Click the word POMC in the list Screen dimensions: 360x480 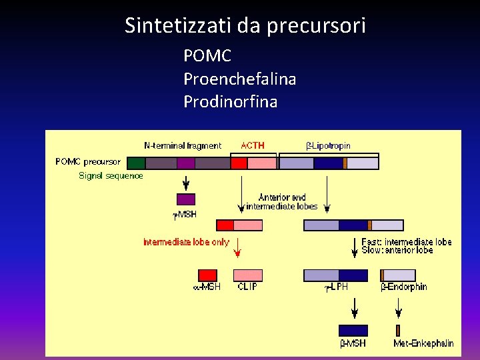pos(207,56)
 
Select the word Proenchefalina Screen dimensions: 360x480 pos(239,79)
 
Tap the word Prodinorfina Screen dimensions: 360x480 pos(230,102)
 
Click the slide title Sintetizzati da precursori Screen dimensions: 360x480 pos(245,26)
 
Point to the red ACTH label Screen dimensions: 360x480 pos(252,145)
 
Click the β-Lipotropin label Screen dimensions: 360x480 pos(327,145)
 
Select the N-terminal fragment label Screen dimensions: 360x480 pos(182,145)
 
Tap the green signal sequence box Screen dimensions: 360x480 pos(136,163)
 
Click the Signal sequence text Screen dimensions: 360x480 pos(111,176)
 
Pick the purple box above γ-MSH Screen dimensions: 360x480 pos(186,199)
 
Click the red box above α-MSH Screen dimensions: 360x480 pos(208,275)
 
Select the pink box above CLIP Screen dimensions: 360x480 pos(248,275)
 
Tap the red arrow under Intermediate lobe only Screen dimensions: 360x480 pos(237,251)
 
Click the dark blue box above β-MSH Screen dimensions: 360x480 pos(353,330)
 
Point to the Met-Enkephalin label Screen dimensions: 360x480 pos(423,343)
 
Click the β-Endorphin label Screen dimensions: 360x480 pos(403,287)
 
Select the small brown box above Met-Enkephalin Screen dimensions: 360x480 pos(398,330)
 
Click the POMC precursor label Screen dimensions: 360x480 pos(88,161)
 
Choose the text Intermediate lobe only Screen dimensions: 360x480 pos(186,242)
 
